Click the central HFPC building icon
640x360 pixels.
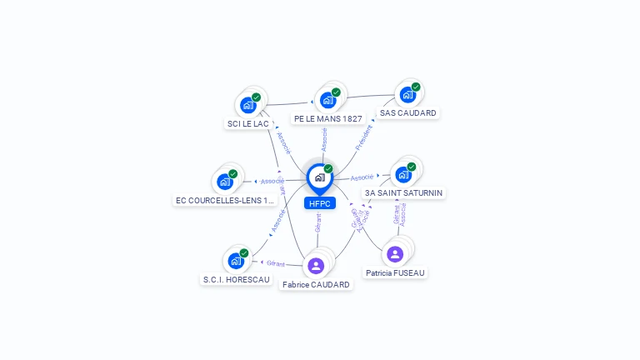pyautogui.click(x=319, y=177)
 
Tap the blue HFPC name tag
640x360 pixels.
pyautogui.click(x=319, y=202)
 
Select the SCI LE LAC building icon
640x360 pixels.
pyautogui.click(x=247, y=105)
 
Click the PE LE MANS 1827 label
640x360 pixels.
pyautogui.click(x=328, y=118)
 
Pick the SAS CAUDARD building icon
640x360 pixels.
pyautogui.click(x=407, y=95)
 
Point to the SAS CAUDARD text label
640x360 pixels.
pyautogui.click(x=407, y=112)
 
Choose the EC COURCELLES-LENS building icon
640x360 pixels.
pyautogui.click(x=225, y=182)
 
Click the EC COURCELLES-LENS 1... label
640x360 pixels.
pyautogui.click(x=224, y=200)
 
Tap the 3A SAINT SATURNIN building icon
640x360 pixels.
pyautogui.click(x=403, y=175)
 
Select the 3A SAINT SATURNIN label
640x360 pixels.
pyautogui.click(x=404, y=192)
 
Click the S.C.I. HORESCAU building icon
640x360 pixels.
pyautogui.click(x=236, y=261)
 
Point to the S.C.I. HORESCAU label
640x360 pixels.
pyautogui.click(x=237, y=280)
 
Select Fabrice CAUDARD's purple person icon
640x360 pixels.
pyautogui.click(x=316, y=266)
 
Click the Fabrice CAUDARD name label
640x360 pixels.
pyautogui.click(x=316, y=284)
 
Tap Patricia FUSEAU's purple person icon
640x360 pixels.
pyautogui.click(x=395, y=254)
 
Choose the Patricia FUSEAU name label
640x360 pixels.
pyautogui.click(x=395, y=272)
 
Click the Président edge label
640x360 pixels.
pyautogui.click(x=364, y=137)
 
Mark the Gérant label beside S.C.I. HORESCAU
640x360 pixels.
pyautogui.click(x=276, y=263)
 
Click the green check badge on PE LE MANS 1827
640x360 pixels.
pyautogui.click(x=336, y=92)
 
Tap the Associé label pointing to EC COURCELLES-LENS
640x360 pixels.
pyautogui.click(x=272, y=181)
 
